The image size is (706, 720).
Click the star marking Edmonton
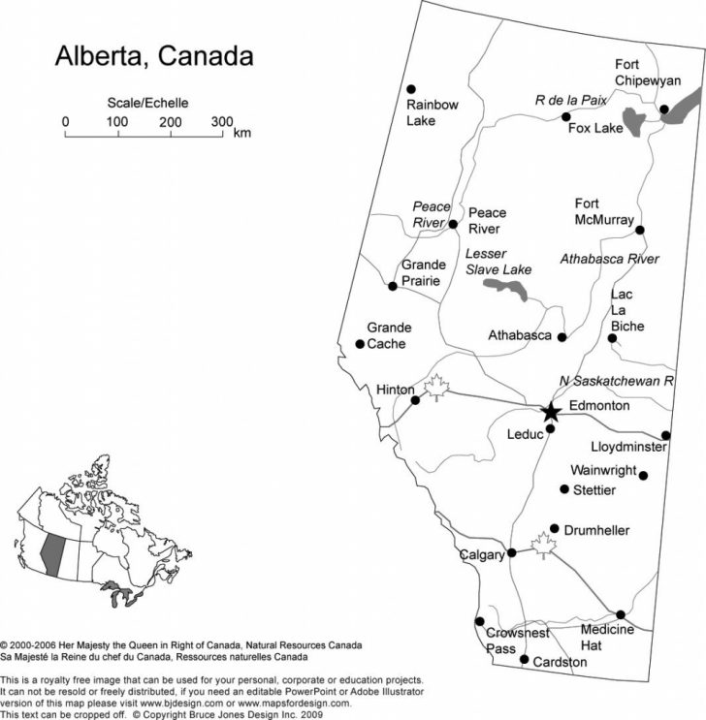(x=551, y=412)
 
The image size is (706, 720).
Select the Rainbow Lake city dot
(x=411, y=88)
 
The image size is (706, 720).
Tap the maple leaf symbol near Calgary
(x=542, y=545)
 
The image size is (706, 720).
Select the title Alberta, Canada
(x=153, y=55)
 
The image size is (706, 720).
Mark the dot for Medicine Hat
(x=621, y=614)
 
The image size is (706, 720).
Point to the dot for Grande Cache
(x=360, y=344)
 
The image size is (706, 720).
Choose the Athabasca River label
(x=610, y=259)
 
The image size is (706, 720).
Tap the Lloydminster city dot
(x=666, y=435)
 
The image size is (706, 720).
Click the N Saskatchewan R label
(x=617, y=381)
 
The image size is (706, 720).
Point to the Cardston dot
(x=525, y=660)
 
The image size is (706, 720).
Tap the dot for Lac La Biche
(x=612, y=338)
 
